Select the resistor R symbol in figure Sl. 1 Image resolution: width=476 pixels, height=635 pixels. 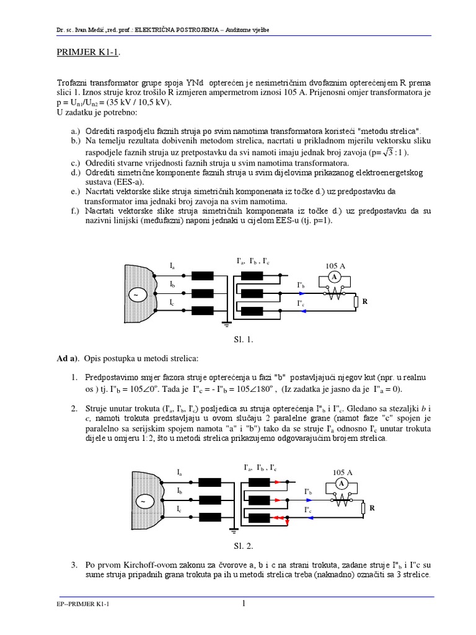tap(355, 302)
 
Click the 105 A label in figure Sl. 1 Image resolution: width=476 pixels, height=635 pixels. tap(335, 266)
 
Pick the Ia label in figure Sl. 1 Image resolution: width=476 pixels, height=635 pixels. tap(172, 265)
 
